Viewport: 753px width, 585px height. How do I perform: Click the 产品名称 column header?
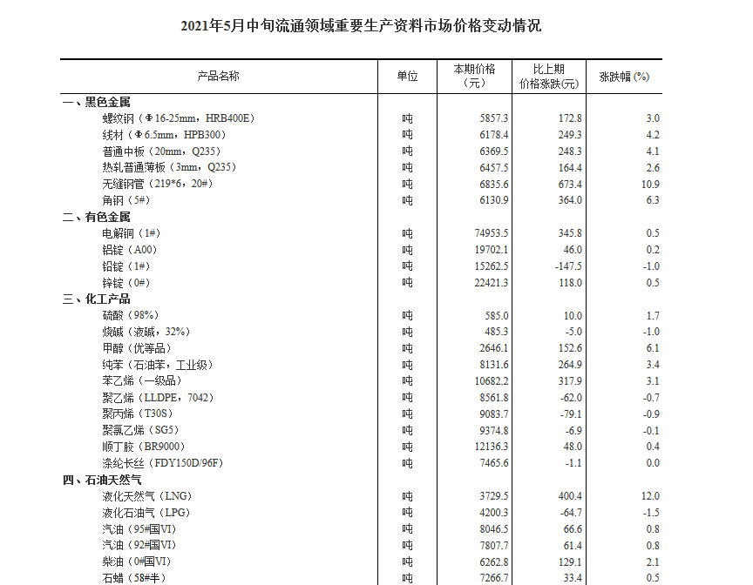click(218, 77)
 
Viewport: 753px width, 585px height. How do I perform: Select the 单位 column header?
click(407, 77)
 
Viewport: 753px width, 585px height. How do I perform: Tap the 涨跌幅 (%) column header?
click(624, 77)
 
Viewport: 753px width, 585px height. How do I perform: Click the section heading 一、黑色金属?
click(96, 102)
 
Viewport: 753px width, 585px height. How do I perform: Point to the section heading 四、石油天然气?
click(102, 480)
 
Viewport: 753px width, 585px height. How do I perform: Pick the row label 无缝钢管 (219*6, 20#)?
click(158, 184)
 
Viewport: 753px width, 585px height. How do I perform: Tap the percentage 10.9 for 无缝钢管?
click(650, 184)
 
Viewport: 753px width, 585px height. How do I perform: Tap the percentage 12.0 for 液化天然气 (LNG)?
click(650, 496)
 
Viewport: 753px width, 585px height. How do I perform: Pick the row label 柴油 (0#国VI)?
click(136, 562)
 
